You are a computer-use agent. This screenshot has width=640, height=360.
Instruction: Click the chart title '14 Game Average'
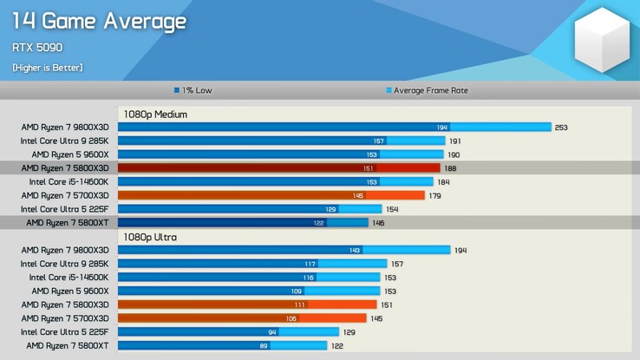99,21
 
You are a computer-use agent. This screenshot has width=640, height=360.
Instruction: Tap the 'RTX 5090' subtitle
37,48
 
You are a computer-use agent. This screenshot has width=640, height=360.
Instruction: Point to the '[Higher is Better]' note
48,68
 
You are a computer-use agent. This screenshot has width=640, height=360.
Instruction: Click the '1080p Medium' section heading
155,114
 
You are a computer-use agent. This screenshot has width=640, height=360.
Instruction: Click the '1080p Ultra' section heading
151,237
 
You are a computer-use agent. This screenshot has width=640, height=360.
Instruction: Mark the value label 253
561,128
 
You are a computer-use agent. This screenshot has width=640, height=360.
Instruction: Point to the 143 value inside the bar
355,251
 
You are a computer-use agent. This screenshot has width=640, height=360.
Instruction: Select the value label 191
454,141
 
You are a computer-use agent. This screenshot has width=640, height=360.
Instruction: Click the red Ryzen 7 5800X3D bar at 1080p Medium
278,168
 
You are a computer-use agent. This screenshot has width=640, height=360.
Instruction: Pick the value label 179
434,196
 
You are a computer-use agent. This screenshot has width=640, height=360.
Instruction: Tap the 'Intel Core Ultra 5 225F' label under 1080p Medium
64,209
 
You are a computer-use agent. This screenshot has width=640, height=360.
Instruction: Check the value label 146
378,223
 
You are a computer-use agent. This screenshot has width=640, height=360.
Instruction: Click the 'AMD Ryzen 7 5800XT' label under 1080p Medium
67,223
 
